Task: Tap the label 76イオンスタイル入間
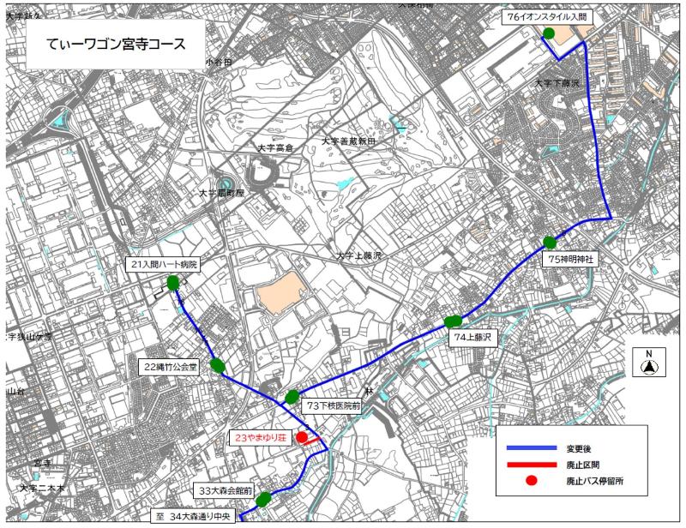pos(550,17)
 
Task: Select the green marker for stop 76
pos(548,33)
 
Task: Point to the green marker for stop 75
pos(550,243)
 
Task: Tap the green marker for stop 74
pos(453,321)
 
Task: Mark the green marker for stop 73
pos(292,396)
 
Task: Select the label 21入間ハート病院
pos(163,264)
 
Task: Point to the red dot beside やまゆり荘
pos(302,437)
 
